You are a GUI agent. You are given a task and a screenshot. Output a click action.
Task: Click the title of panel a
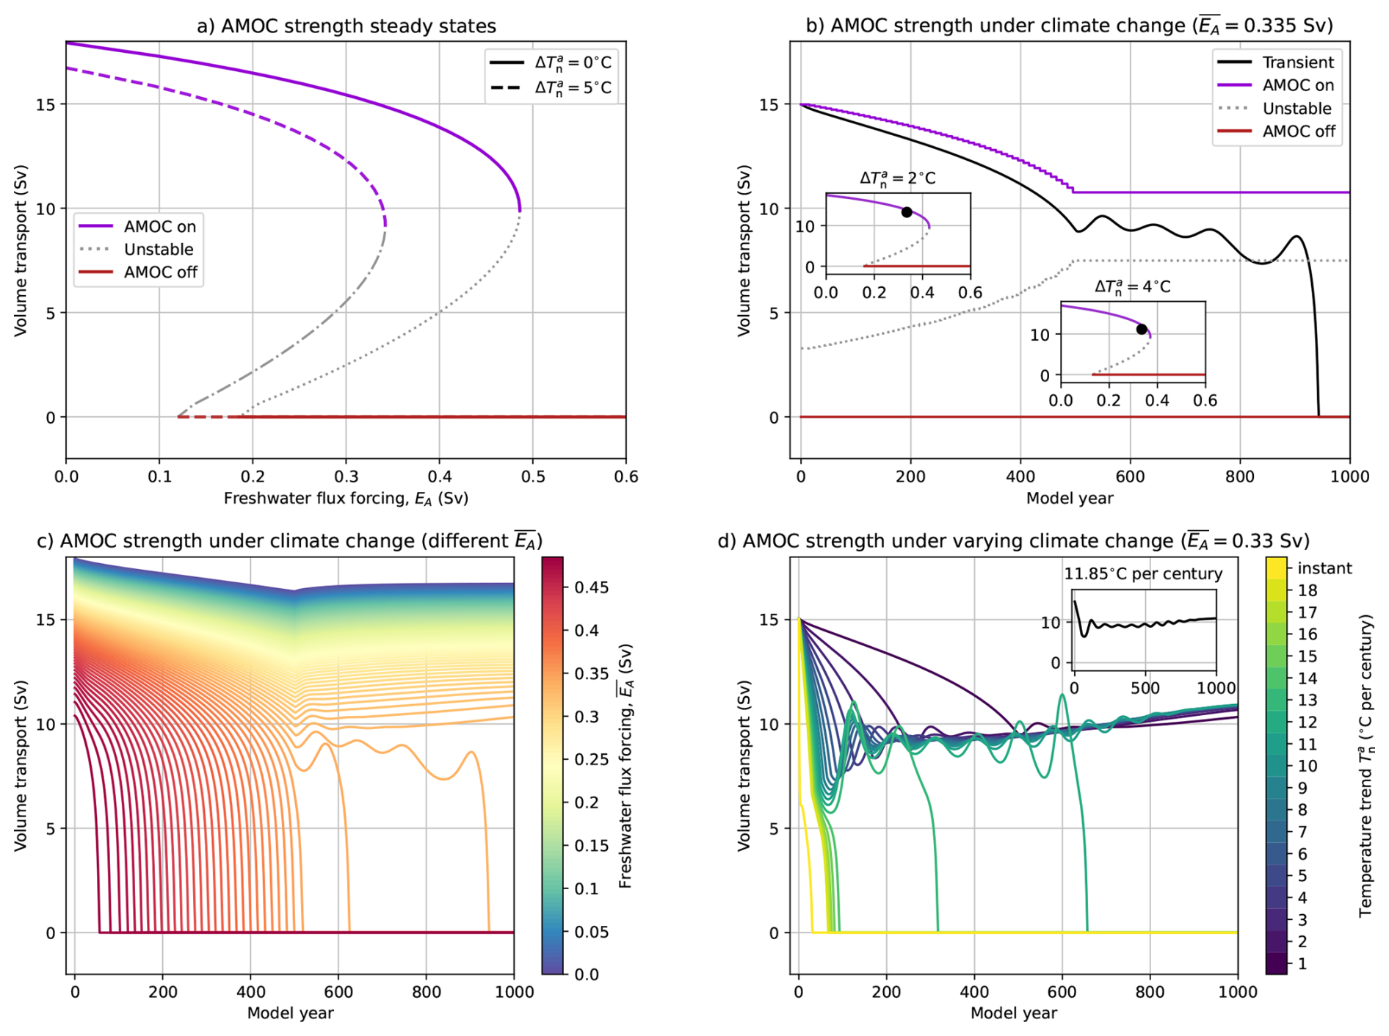(x=346, y=26)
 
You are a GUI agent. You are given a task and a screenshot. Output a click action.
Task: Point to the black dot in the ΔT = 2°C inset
(x=907, y=212)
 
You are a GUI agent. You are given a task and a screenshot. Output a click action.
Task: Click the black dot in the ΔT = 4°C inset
(x=1142, y=330)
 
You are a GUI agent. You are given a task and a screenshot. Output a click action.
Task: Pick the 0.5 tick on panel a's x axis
(x=533, y=477)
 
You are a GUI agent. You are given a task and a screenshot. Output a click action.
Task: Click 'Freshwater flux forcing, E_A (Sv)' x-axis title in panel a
(x=346, y=499)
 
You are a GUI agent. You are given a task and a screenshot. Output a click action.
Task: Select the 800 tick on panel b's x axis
(x=1240, y=477)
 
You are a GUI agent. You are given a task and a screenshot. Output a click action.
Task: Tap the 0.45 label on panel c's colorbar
(x=591, y=587)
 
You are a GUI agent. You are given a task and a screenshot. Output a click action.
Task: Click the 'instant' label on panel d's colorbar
(x=1324, y=568)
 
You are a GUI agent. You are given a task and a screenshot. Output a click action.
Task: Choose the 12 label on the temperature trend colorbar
(x=1308, y=722)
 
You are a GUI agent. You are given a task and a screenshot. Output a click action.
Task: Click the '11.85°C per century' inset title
(x=1143, y=574)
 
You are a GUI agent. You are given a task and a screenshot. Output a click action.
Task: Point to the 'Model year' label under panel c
(x=290, y=1014)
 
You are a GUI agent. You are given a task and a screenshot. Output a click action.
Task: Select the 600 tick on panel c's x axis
(x=338, y=993)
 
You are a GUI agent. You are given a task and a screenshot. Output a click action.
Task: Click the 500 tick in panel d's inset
(x=1145, y=689)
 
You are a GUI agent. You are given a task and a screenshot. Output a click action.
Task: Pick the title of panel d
(x=1013, y=542)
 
